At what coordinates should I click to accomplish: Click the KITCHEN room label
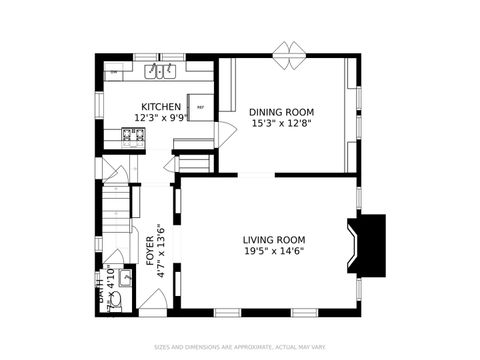click(160, 107)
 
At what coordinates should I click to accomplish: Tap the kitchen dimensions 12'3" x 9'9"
click(160, 118)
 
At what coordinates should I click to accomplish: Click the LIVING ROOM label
click(274, 240)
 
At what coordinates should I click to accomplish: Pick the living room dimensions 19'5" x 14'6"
click(274, 252)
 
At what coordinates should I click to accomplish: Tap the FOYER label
click(151, 249)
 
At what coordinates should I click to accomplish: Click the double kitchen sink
click(160, 72)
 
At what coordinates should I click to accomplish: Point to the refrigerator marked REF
click(200, 107)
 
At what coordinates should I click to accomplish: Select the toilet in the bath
click(115, 297)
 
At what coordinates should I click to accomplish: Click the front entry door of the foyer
click(153, 298)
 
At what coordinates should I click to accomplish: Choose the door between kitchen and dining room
click(225, 131)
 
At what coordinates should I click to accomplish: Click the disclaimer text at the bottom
click(239, 348)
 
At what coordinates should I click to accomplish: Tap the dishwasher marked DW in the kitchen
click(115, 73)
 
